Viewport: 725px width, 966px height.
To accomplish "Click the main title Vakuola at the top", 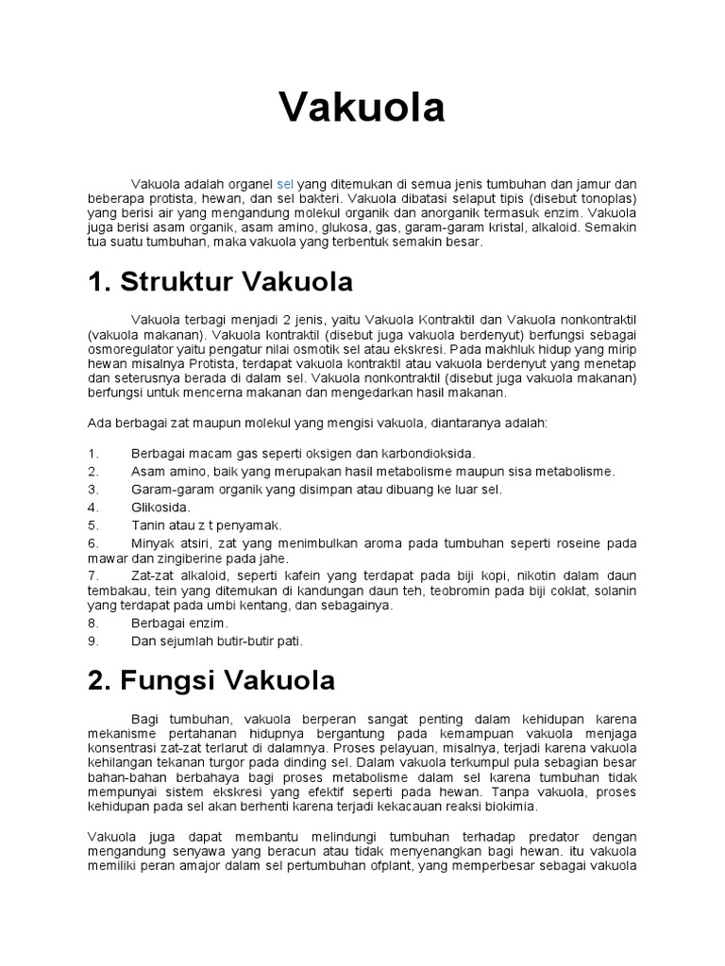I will tap(362, 109).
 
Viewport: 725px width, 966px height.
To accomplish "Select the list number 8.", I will tap(93, 624).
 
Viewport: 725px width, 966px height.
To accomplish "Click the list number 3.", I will tap(93, 489).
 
